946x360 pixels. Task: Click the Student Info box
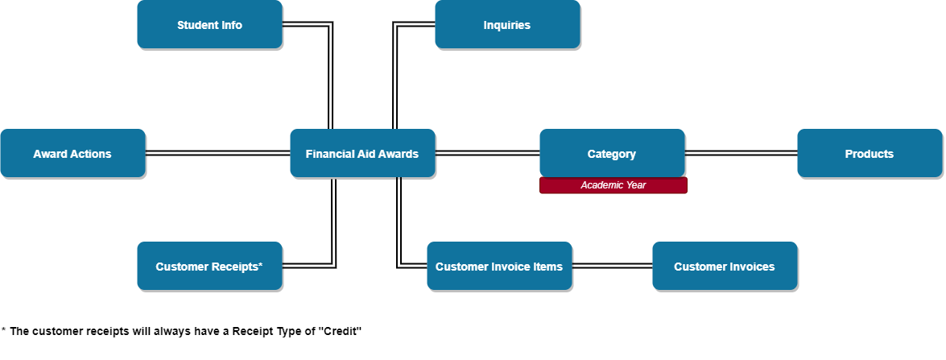[x=209, y=25]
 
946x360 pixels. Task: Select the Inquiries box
[x=507, y=25]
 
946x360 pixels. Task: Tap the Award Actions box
[x=72, y=154]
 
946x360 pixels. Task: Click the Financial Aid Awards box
[x=362, y=154]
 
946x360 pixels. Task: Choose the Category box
[x=612, y=154]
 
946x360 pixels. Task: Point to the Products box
[x=870, y=154]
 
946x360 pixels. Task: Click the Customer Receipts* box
[x=209, y=267]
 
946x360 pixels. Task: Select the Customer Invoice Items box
[x=499, y=267]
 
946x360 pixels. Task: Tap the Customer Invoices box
[x=725, y=267]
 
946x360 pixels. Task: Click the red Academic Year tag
[x=613, y=185]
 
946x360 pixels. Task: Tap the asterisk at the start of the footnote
[x=3, y=330]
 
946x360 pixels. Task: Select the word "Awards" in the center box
[x=399, y=154]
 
